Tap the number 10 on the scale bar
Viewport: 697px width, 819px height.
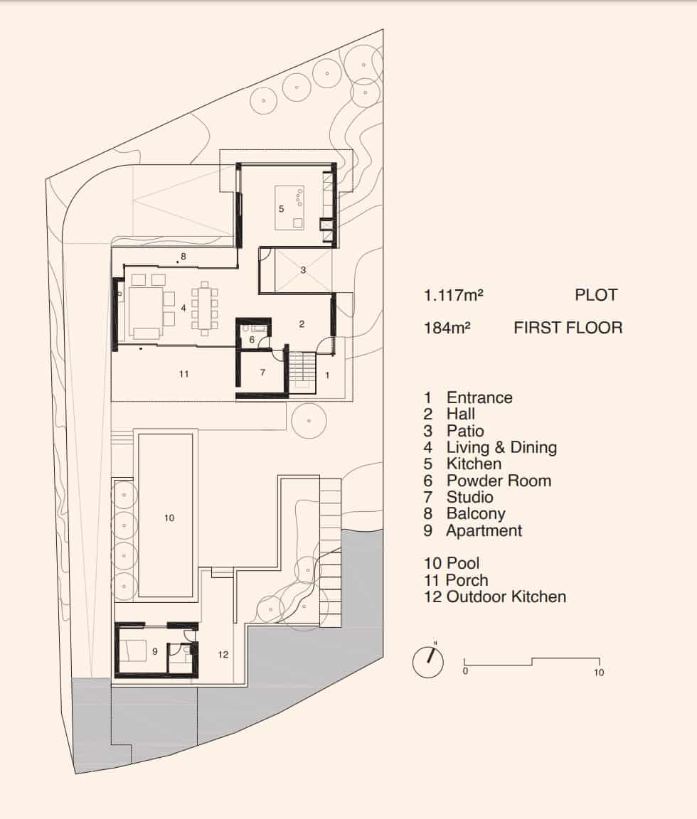pos(599,673)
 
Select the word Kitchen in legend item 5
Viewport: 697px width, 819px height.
pos(474,464)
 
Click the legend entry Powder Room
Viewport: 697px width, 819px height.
pos(498,481)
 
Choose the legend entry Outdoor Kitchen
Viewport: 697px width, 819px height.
pos(506,596)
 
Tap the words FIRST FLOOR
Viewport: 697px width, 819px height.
pos(568,328)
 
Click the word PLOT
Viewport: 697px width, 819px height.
pos(596,295)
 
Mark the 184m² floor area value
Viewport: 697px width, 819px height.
pos(447,328)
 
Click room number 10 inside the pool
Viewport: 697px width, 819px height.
pos(169,518)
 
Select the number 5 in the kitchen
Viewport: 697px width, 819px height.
pos(281,209)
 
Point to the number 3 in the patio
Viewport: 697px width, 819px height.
pos(302,270)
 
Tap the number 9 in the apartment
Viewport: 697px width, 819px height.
pos(154,651)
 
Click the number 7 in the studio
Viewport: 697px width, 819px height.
pos(262,373)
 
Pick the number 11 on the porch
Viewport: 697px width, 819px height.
pos(183,373)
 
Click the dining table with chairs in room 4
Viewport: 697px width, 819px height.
pos(205,309)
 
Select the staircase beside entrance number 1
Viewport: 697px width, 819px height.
pos(302,370)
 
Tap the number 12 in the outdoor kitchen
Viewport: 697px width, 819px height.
pos(223,655)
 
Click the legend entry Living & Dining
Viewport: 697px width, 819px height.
pos(501,447)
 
